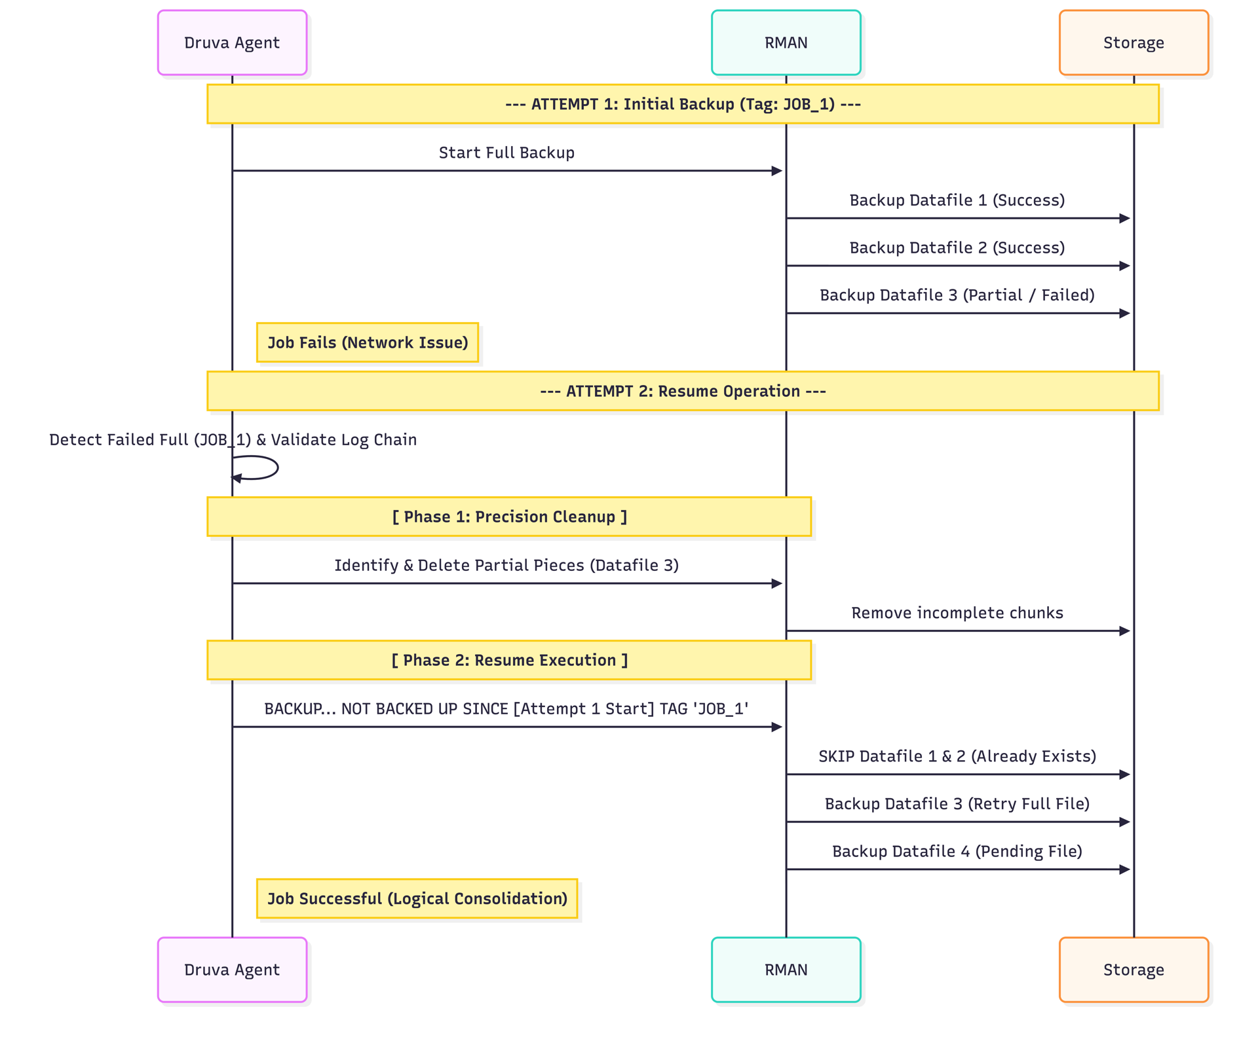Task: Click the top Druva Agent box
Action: pyautogui.click(x=232, y=43)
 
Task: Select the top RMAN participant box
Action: pyautogui.click(x=786, y=43)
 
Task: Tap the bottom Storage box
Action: pyautogui.click(x=1134, y=970)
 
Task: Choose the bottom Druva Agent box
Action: pyautogui.click(x=232, y=970)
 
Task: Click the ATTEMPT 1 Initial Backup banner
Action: pyautogui.click(x=683, y=104)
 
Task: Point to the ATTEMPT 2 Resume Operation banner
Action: pyautogui.click(x=683, y=391)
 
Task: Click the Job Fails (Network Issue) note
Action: pyautogui.click(x=368, y=342)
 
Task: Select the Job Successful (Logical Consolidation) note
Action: pyautogui.click(x=417, y=898)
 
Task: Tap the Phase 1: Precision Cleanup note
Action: pyautogui.click(x=509, y=517)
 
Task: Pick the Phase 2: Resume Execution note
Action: pyautogui.click(x=509, y=660)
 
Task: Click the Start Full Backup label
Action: pyautogui.click(x=506, y=153)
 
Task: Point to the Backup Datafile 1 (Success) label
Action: pyautogui.click(x=957, y=200)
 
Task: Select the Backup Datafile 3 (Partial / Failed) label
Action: pyautogui.click(x=957, y=295)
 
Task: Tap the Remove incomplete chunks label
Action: pyautogui.click(x=957, y=613)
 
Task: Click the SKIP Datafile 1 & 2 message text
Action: pyautogui.click(x=957, y=756)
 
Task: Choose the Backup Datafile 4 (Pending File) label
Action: pyautogui.click(x=957, y=851)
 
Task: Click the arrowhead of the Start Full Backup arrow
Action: pyautogui.click(x=777, y=171)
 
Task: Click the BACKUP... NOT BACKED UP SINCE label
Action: pyautogui.click(x=506, y=709)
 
